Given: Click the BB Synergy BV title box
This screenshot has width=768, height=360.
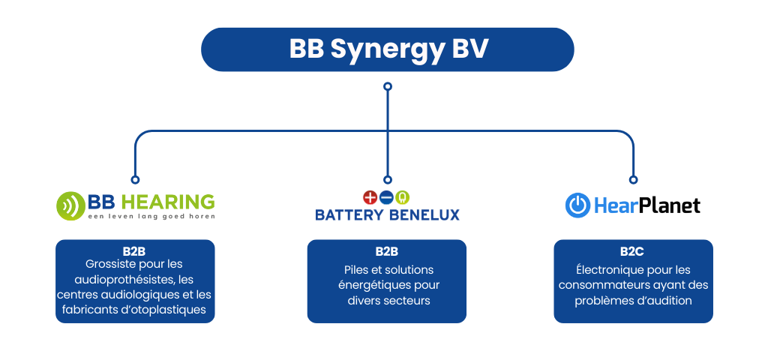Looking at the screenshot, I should pyautogui.click(x=388, y=49).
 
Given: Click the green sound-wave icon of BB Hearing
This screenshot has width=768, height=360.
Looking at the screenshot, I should pyautogui.click(x=70, y=204).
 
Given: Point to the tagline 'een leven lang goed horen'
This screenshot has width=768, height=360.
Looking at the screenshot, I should pyautogui.click(x=151, y=217).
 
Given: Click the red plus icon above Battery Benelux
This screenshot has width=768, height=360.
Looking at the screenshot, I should pyautogui.click(x=369, y=197).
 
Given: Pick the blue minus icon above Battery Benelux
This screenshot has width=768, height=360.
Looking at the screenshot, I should pyautogui.click(x=386, y=197).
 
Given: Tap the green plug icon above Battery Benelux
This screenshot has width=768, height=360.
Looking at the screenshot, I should pyautogui.click(x=403, y=197).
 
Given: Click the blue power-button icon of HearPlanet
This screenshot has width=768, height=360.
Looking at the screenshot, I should pyautogui.click(x=577, y=205).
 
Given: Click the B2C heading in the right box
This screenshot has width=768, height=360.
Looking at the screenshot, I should pyautogui.click(x=633, y=251).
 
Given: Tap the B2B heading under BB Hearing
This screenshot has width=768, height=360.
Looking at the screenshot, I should pyautogui.click(x=135, y=251).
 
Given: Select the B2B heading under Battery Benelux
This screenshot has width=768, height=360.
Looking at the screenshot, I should pyautogui.click(x=387, y=251).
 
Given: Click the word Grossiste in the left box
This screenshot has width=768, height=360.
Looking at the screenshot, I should pyautogui.click(x=104, y=264).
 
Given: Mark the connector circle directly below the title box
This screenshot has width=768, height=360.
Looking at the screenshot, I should pyautogui.click(x=388, y=86).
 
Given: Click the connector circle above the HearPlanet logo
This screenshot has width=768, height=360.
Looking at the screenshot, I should pyautogui.click(x=633, y=180).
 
